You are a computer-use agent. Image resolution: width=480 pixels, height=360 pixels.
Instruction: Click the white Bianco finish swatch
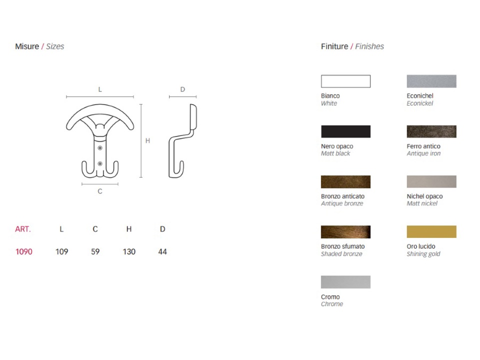pyautogui.click(x=345, y=81)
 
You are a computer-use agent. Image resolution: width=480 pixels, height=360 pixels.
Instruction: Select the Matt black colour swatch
pyautogui.click(x=345, y=131)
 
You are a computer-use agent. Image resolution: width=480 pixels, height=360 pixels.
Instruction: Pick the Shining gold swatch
pyautogui.click(x=431, y=231)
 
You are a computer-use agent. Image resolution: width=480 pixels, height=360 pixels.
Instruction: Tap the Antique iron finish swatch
pyautogui.click(x=431, y=131)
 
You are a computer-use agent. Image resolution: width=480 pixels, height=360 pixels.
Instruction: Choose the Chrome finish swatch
pyautogui.click(x=345, y=282)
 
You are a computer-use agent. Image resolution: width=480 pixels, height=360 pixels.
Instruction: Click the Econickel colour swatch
pyautogui.click(x=431, y=81)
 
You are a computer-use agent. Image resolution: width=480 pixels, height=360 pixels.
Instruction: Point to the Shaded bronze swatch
pyautogui.click(x=345, y=231)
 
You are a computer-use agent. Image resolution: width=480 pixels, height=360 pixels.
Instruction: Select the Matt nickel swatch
pyautogui.click(x=431, y=181)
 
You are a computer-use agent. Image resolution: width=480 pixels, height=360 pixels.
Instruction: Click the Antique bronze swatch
pyautogui.click(x=345, y=181)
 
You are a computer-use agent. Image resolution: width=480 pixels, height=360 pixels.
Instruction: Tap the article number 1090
pyautogui.click(x=24, y=251)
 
